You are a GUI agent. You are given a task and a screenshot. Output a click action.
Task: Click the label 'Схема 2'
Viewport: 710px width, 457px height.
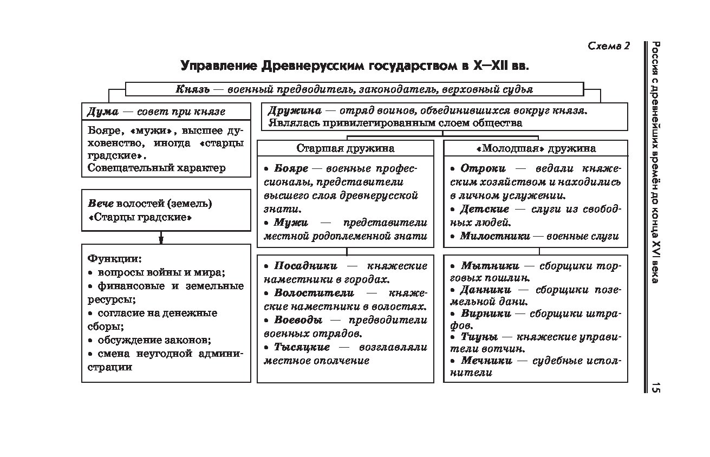click(609, 46)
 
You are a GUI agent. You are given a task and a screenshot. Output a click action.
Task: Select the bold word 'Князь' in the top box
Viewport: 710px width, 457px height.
click(192, 89)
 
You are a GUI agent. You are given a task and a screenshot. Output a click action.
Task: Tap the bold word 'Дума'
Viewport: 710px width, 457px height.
click(102, 112)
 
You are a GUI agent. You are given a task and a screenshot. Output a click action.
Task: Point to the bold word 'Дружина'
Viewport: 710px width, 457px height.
click(295, 110)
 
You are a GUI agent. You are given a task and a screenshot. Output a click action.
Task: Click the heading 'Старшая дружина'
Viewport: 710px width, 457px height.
click(345, 148)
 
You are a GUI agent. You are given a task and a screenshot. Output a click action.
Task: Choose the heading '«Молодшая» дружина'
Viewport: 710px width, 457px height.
click(535, 148)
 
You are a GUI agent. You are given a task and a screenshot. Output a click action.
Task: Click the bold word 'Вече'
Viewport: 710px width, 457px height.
click(101, 204)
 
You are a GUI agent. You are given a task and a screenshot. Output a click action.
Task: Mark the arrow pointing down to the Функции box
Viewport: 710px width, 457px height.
click(161, 238)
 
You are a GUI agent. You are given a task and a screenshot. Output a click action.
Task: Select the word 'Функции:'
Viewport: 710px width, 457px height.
click(114, 258)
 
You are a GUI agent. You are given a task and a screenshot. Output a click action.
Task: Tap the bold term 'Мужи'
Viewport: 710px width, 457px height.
click(290, 223)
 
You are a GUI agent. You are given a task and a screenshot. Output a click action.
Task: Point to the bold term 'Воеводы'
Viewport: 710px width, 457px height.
click(298, 320)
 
